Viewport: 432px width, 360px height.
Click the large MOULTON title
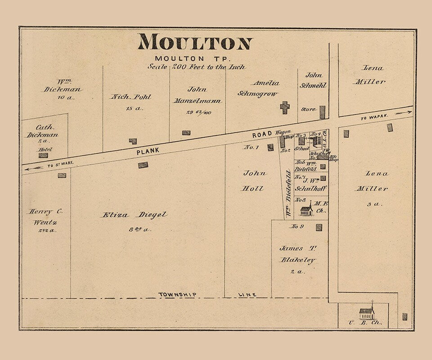(x=195, y=42)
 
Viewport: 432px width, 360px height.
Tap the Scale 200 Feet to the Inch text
(x=197, y=67)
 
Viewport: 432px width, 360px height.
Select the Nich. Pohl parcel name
(x=131, y=97)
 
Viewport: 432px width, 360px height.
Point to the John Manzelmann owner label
(x=197, y=95)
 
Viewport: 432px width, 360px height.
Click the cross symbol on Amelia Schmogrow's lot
(x=284, y=107)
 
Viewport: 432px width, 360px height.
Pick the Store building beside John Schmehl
(x=322, y=112)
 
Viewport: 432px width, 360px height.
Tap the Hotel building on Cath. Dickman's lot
(x=43, y=155)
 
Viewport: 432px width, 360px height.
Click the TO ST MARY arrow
(x=33, y=168)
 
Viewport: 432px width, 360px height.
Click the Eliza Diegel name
(x=134, y=215)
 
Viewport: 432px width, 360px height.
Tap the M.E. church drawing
(x=306, y=209)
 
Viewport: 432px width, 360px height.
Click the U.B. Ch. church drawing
(x=366, y=312)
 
